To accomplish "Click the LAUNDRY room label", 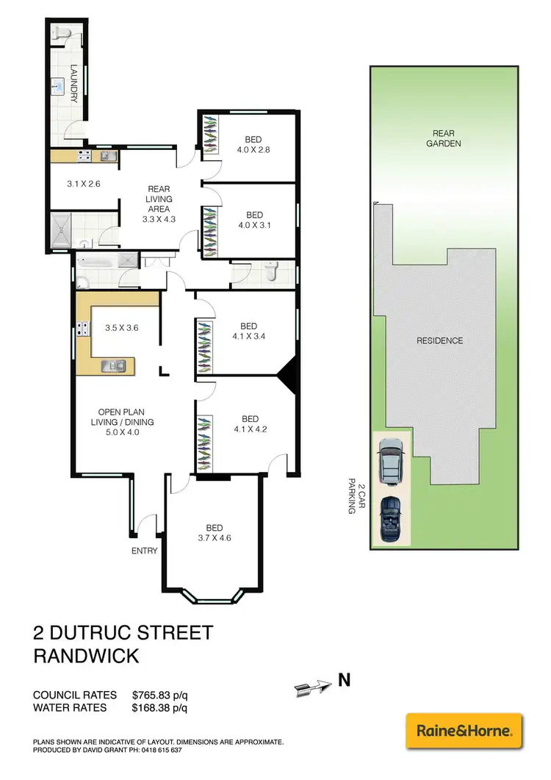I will click(74, 83).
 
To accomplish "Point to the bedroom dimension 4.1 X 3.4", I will click(248, 338).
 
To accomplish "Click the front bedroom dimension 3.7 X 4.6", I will click(215, 538).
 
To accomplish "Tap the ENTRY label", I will click(144, 551).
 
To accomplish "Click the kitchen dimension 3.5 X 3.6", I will click(122, 329).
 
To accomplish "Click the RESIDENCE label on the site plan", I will click(440, 340).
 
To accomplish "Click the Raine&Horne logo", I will click(464, 731).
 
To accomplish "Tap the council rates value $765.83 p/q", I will click(161, 695).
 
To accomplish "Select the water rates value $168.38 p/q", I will click(161, 708).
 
